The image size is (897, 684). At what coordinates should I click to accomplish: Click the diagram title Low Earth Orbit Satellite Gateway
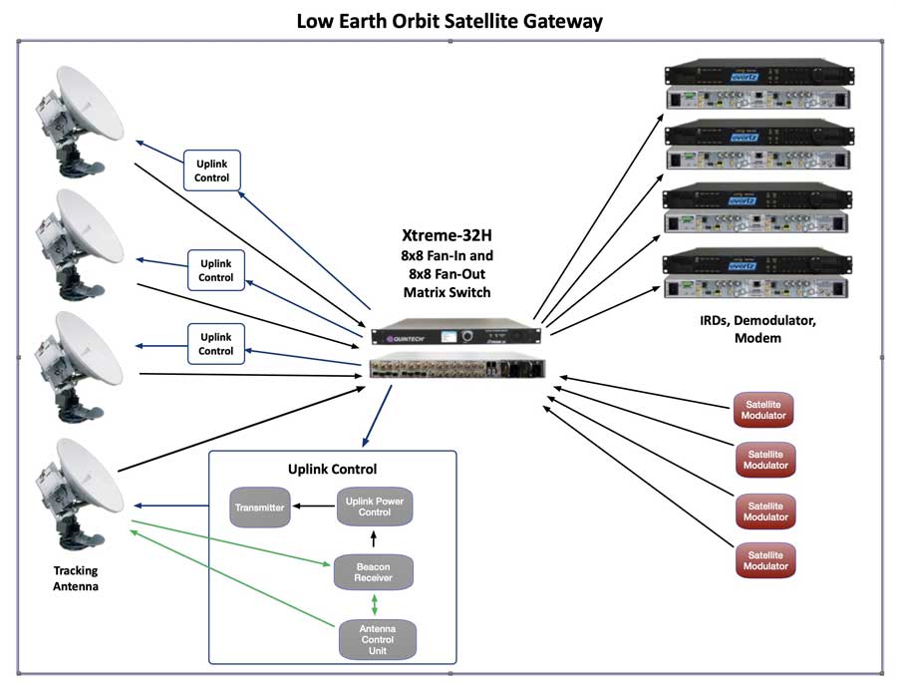coord(449,20)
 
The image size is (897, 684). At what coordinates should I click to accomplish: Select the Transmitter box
coord(259,508)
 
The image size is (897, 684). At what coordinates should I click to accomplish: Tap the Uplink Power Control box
coord(374,507)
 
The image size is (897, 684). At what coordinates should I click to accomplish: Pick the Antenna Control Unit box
coord(374,639)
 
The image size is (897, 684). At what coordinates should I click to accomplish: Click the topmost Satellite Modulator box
coord(765,409)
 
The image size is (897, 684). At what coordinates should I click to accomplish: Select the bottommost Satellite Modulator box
coord(765,559)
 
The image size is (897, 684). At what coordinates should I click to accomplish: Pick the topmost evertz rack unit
coord(756,72)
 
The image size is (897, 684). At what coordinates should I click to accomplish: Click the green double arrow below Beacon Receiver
coord(374,603)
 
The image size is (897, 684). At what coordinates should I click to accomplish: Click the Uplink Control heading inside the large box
coord(332,469)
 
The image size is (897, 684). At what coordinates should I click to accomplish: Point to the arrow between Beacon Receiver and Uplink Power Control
coord(374,539)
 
